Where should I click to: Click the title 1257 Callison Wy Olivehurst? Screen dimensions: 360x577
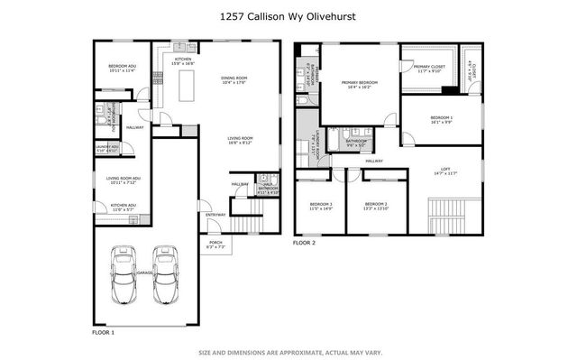point(288,15)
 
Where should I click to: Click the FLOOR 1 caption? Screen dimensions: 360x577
point(104,333)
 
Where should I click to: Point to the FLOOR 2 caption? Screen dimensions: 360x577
point(305,243)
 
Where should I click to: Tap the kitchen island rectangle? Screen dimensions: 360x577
point(189,86)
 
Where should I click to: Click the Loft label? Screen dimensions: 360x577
point(444,170)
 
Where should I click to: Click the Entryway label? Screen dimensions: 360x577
point(215,214)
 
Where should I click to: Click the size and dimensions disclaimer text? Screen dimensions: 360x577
point(288,352)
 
